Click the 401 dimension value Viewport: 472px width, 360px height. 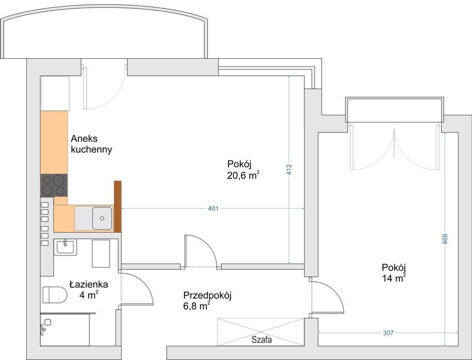(213, 208)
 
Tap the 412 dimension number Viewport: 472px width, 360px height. (289, 170)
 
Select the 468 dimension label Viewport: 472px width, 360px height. (445, 239)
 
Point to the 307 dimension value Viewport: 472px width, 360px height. (388, 333)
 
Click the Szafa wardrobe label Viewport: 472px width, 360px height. (261, 340)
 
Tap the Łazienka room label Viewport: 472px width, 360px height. (89, 284)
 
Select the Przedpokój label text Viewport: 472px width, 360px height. (207, 295)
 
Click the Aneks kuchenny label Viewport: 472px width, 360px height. (92, 144)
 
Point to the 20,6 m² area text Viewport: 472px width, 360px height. (243, 175)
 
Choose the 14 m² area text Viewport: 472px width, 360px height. (394, 278)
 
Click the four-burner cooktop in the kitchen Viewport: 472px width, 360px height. (54, 185)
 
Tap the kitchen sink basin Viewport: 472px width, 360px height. (102, 218)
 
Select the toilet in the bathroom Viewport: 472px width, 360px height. (55, 295)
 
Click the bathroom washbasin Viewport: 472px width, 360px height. (65, 247)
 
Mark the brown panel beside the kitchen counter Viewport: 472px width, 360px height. (118, 207)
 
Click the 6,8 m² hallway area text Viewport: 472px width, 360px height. (197, 306)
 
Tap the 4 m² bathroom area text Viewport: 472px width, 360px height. (89, 295)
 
